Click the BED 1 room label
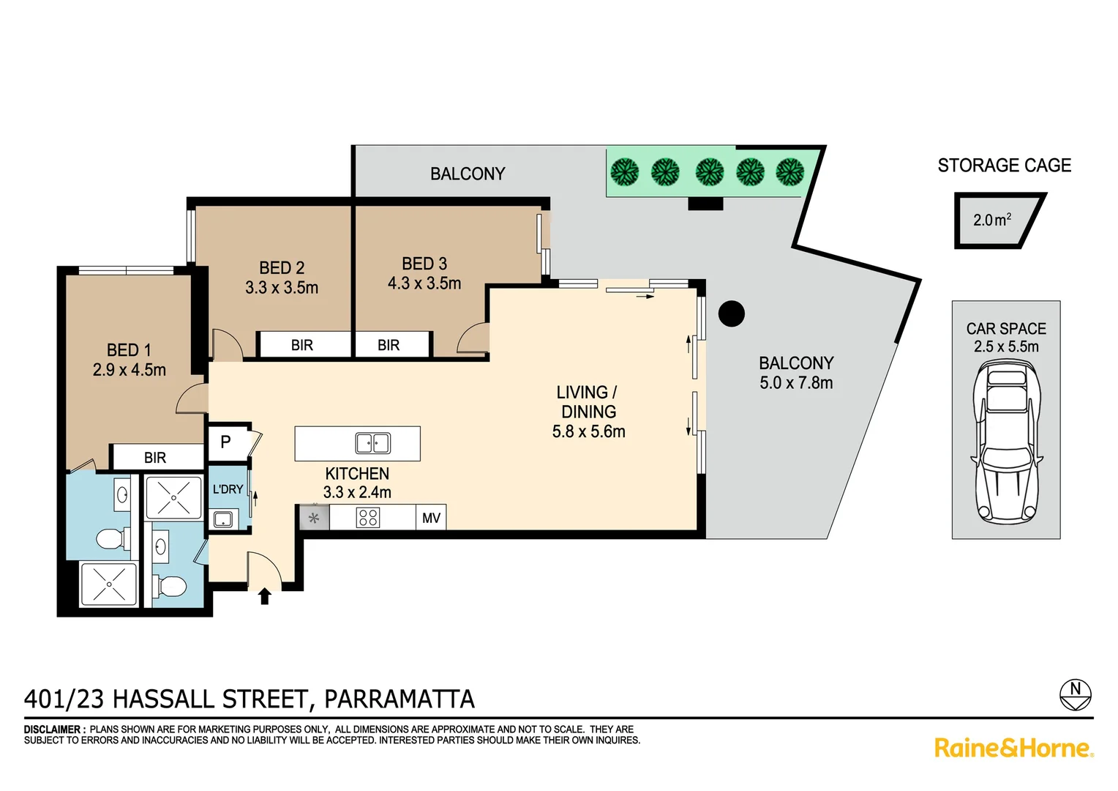[129, 350]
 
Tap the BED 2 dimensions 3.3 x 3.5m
[282, 288]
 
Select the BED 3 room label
[424, 264]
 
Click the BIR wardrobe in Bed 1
[155, 458]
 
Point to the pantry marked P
[226, 442]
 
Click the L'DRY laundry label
[228, 489]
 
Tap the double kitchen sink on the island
[372, 443]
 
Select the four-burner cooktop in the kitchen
[368, 518]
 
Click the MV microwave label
[431, 518]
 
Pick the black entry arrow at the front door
[265, 596]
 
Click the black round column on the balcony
[731, 313]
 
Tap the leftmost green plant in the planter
[624, 172]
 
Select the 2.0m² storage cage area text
[992, 220]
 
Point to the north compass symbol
[1075, 694]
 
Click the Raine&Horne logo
[1013, 748]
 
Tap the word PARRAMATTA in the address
[399, 699]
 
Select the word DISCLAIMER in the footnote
[53, 729]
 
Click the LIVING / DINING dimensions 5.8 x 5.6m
[588, 432]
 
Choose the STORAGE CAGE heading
[1004, 166]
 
